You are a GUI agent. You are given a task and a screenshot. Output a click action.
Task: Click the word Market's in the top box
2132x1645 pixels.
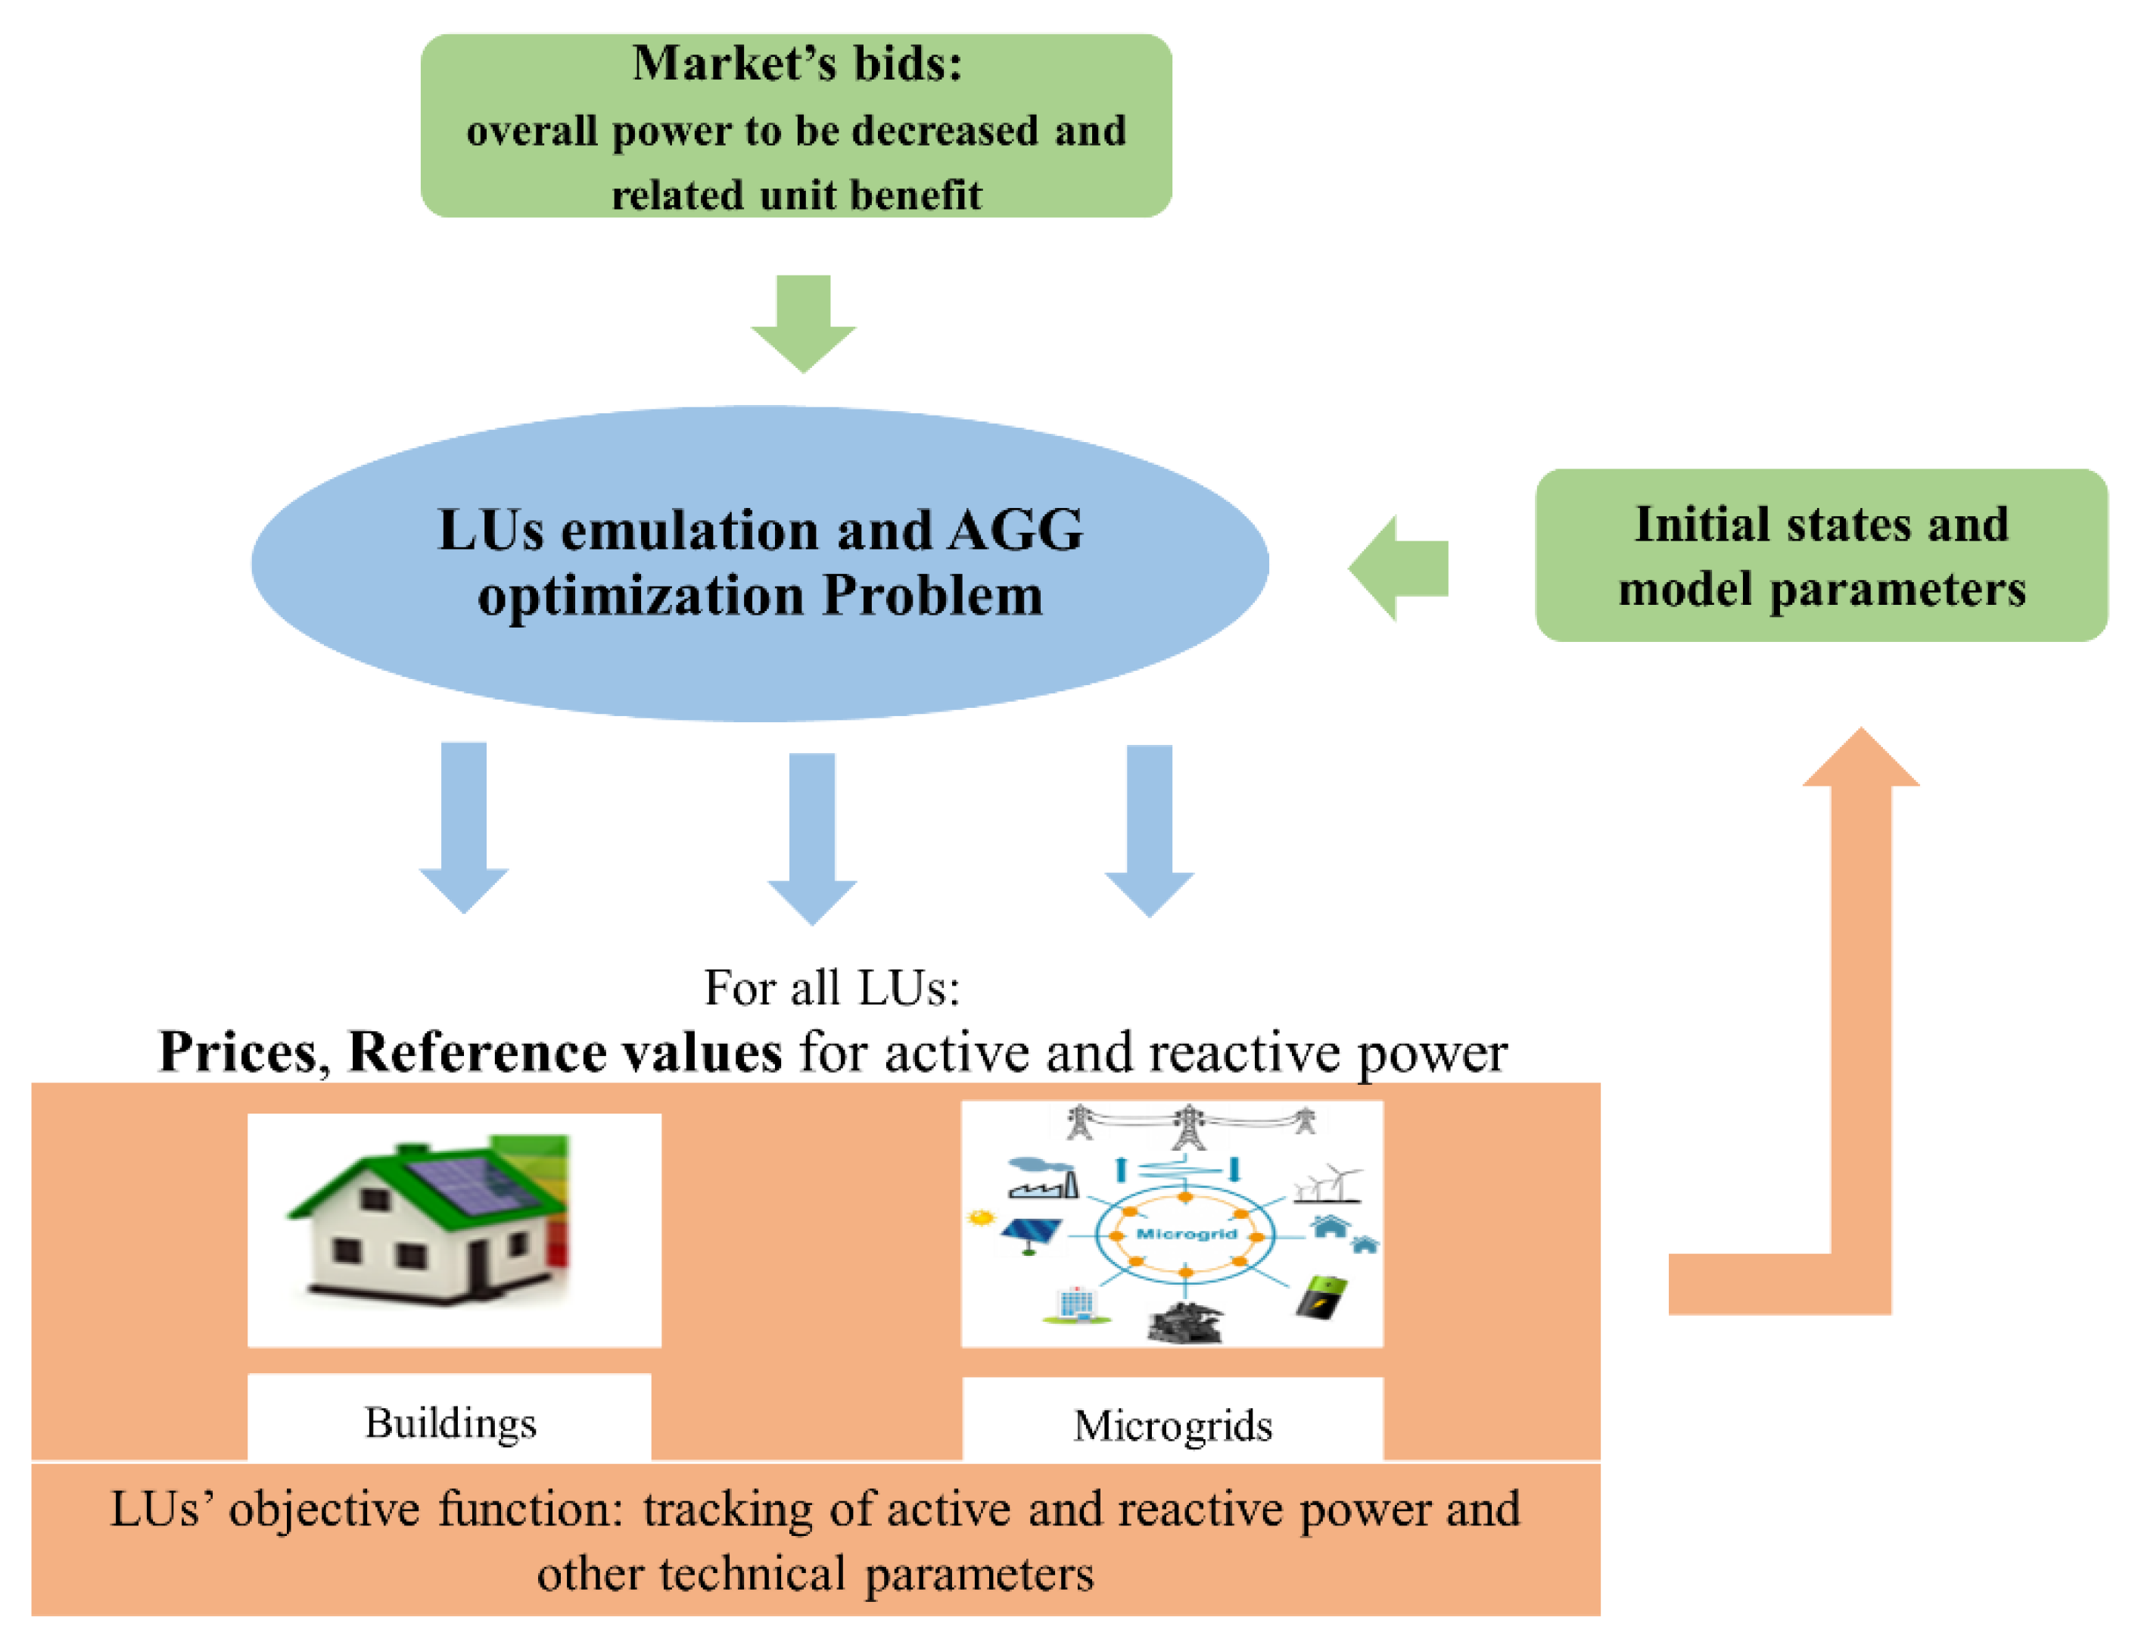[735, 64]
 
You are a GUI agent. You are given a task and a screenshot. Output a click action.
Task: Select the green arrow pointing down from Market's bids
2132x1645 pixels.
[804, 323]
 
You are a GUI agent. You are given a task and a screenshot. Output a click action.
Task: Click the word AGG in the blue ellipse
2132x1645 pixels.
[1015, 530]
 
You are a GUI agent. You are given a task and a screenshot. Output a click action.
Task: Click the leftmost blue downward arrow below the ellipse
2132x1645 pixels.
[464, 827]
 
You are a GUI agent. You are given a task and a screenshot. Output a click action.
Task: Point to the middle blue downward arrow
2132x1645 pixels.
[812, 839]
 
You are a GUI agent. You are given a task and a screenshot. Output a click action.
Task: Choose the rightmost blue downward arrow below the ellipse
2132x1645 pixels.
[1149, 830]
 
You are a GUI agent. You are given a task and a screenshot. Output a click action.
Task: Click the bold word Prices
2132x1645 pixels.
[240, 1052]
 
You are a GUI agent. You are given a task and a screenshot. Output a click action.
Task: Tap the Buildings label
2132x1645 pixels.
[451, 1423]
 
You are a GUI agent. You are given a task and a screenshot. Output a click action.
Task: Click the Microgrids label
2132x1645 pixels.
[1173, 1426]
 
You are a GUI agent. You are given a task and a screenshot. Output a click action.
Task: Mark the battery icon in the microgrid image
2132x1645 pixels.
[1321, 1298]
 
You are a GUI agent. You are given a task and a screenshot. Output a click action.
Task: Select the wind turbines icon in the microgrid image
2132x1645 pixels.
[1327, 1183]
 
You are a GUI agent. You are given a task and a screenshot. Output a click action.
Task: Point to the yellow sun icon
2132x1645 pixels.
[980, 1217]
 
